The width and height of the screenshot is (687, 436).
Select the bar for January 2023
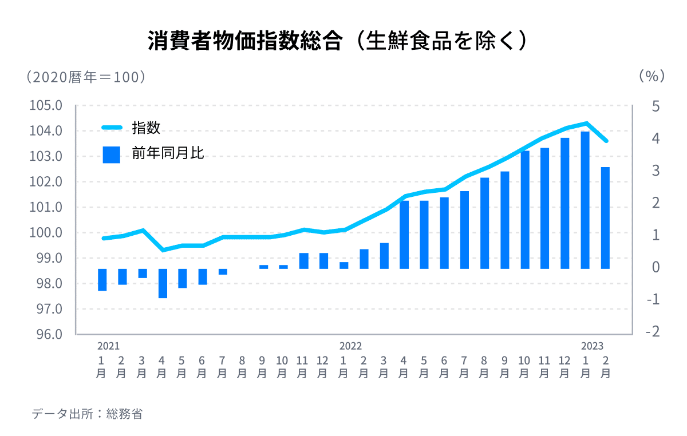point(585,200)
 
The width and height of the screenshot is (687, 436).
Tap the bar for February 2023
point(605,217)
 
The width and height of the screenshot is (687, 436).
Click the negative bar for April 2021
point(163,283)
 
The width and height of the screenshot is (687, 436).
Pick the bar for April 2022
point(404,235)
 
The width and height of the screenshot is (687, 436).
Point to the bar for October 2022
point(525,210)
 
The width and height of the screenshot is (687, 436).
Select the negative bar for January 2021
point(102,280)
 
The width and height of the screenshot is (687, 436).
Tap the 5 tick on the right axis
point(656,107)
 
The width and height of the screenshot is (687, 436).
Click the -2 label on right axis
point(653,332)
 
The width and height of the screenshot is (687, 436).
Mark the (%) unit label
point(652,76)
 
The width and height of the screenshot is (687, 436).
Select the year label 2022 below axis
point(350,346)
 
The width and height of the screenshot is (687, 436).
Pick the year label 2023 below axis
point(593,346)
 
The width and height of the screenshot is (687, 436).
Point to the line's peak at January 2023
point(585,123)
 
